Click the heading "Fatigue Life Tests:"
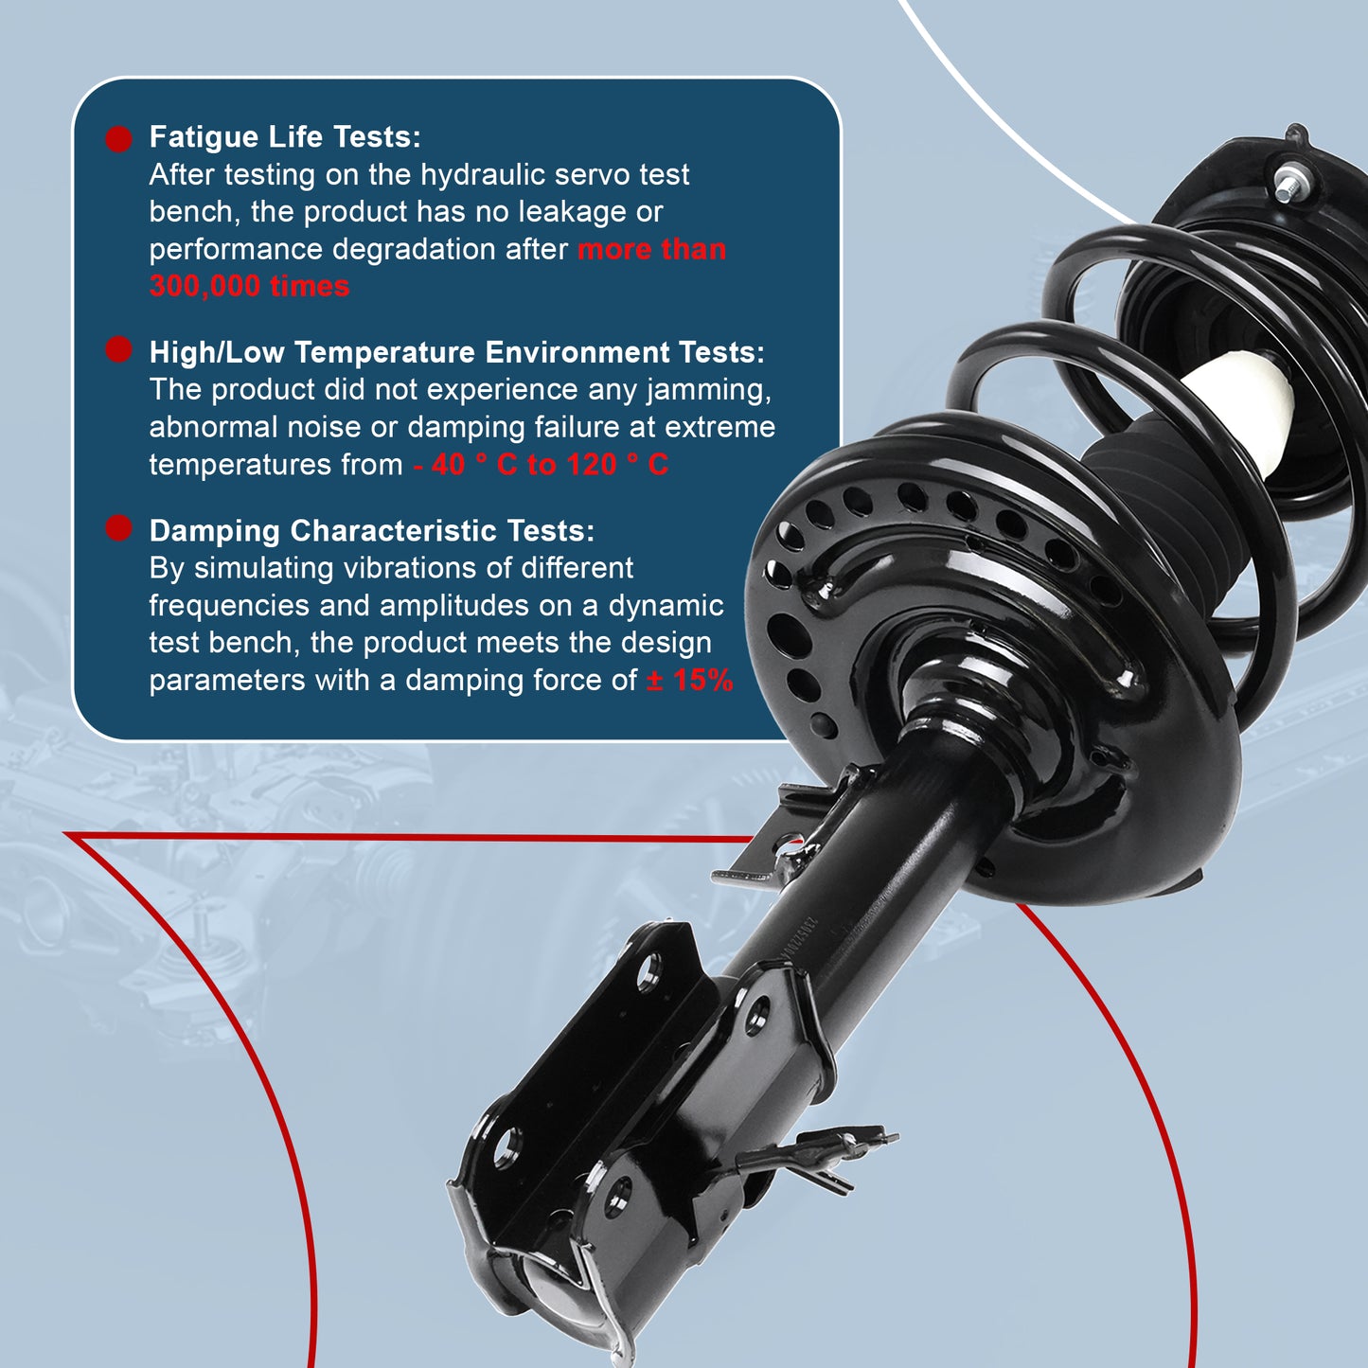[285, 137]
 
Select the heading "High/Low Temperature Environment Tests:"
[456, 352]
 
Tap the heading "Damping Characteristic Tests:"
[371, 531]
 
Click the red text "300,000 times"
[249, 286]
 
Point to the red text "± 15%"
[689, 680]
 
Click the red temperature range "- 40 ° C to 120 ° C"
[541, 465]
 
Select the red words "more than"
[651, 249]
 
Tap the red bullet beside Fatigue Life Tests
[118, 139]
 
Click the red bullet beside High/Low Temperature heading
[118, 350]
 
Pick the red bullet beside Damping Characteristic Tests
[118, 528]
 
